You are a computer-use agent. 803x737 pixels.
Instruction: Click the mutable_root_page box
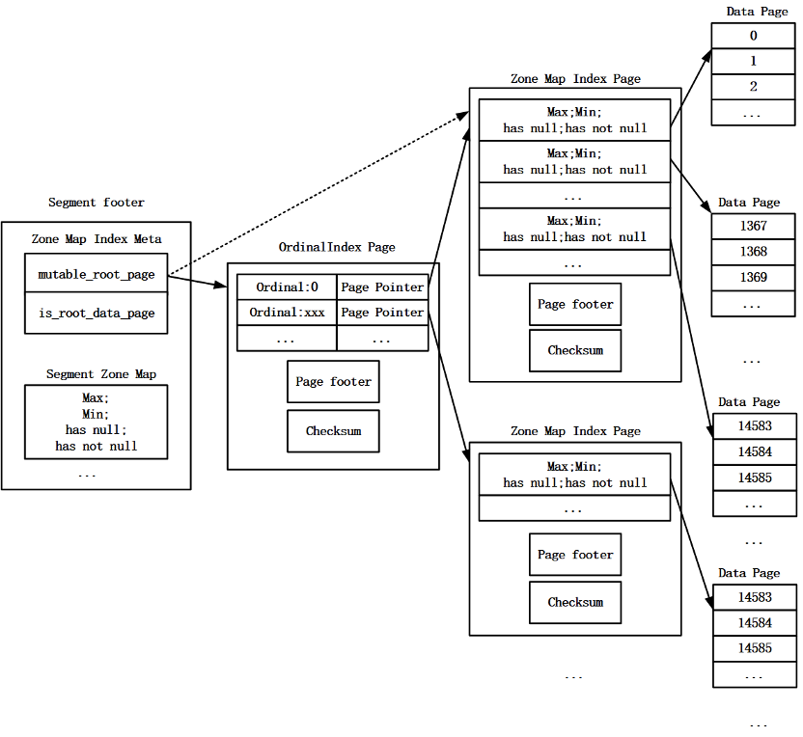tap(97, 273)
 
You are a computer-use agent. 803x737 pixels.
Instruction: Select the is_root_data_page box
tap(97, 313)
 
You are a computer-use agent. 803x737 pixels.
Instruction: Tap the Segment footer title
tap(97, 203)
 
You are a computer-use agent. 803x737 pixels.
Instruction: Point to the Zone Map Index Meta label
tap(97, 239)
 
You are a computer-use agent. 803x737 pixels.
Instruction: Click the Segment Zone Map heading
tap(101, 374)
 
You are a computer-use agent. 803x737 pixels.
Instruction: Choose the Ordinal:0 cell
tap(287, 287)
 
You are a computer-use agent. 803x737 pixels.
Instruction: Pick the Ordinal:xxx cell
tap(287, 313)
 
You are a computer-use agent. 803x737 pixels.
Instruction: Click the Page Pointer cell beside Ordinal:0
tap(382, 287)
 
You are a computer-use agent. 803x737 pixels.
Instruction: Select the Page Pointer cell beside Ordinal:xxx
tap(382, 313)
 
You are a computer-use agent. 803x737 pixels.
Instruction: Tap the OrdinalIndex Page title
tap(337, 247)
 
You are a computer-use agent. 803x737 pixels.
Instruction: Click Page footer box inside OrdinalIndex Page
tap(333, 382)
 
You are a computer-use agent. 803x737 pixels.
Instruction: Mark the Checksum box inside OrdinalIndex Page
tap(333, 431)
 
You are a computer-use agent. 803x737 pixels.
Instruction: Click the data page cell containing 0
tap(754, 36)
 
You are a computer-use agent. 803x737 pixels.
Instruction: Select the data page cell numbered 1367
tap(754, 227)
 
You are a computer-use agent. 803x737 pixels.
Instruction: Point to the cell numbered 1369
tap(754, 278)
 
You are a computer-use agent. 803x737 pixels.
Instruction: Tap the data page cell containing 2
tap(754, 87)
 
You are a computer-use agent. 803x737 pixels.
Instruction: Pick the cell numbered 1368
tap(754, 252)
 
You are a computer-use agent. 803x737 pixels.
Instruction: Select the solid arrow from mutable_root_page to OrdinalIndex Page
tap(198, 281)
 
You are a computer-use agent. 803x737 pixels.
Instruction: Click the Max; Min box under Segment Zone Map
tap(97, 422)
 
